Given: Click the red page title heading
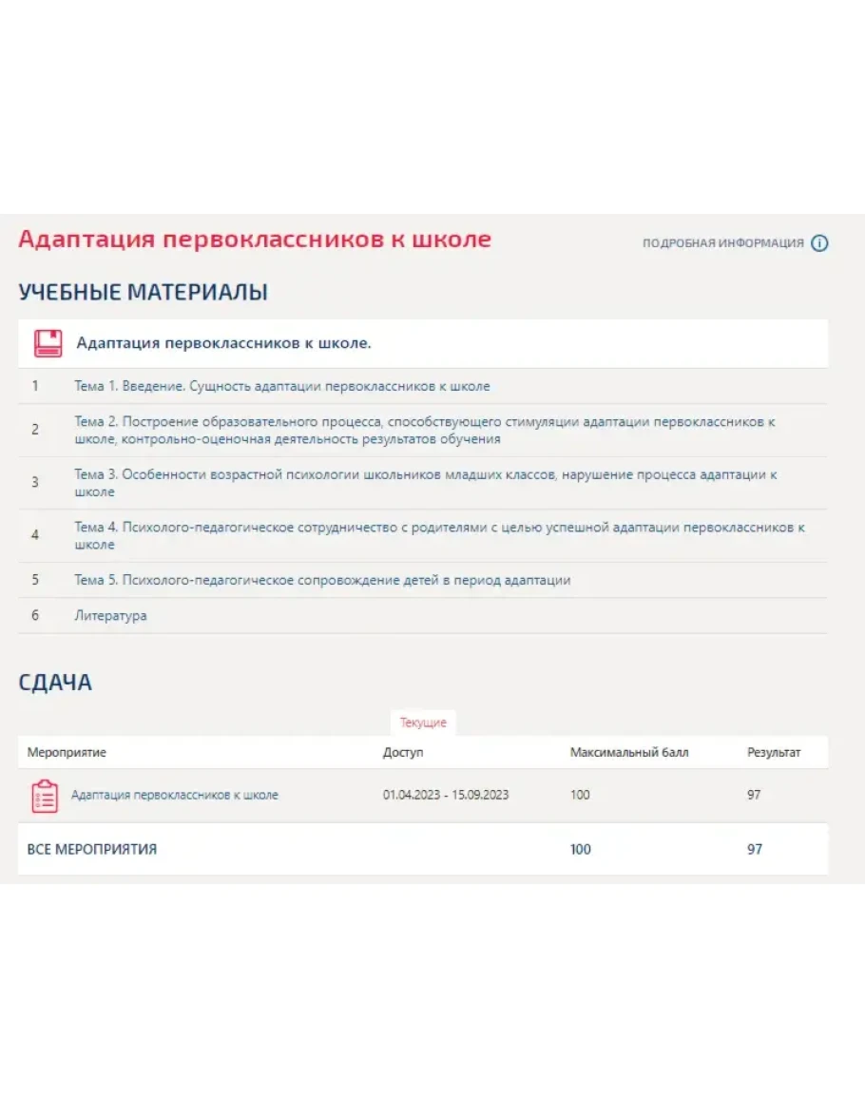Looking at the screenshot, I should pos(255,240).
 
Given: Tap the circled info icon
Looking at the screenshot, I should pos(819,243).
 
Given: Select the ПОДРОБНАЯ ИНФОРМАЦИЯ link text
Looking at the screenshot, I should pos(722,243).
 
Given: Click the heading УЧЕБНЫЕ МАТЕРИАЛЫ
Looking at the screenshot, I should pos(143,293).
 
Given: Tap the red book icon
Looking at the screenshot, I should pos(48,343).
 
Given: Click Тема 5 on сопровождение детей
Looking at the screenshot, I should pos(322,580).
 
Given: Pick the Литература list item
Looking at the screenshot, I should pos(110,616).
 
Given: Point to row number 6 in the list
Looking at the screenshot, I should pos(35,616).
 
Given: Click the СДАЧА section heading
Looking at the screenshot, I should pos(55,683).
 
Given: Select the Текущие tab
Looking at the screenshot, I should pos(423,723).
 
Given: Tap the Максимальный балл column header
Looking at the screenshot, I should pos(628,753).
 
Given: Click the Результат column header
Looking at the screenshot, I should pos(773,753).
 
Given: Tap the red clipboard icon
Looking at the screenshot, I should pos(45,796).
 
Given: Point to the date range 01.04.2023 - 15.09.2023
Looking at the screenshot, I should pos(445,795).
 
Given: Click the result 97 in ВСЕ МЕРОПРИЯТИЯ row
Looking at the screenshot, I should pos(754,850).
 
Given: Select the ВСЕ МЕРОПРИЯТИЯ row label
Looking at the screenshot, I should pos(91,850).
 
